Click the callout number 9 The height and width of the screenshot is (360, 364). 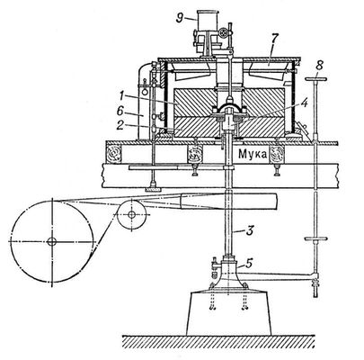coord(180,18)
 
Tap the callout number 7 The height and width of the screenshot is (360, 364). coord(275,40)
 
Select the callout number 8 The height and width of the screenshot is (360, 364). coord(319,67)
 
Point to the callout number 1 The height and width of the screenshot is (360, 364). coord(120,96)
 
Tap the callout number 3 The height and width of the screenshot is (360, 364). coord(250,231)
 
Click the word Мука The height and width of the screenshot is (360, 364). coord(253,155)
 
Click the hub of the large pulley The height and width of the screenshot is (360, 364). coord(52,241)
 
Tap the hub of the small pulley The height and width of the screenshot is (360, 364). coord(131,214)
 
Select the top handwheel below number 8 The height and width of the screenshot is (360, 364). coord(315,79)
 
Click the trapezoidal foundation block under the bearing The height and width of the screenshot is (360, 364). coord(228,312)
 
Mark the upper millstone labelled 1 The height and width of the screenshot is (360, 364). coord(229,103)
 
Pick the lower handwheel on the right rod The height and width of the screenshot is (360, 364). coord(316,238)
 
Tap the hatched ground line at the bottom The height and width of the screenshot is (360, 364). coord(218,341)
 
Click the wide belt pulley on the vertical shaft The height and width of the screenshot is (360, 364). coord(228,202)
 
